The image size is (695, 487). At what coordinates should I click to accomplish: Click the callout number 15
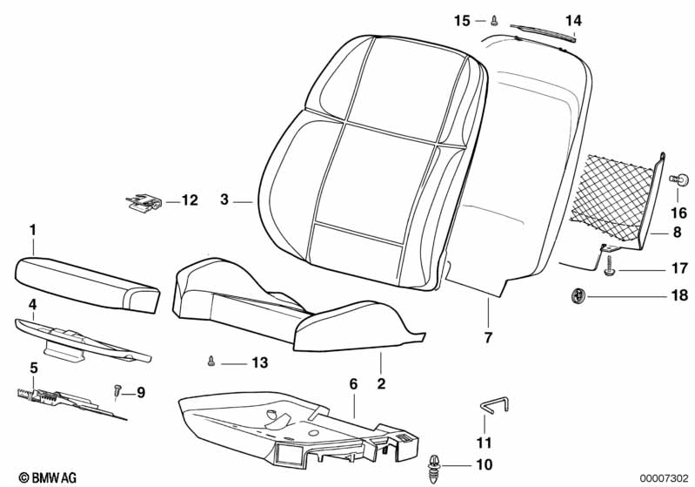[x=462, y=20]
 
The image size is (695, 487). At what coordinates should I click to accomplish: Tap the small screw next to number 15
[x=494, y=20]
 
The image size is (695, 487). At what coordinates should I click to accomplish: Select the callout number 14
[x=573, y=20]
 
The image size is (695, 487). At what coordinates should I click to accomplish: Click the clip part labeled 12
[x=143, y=201]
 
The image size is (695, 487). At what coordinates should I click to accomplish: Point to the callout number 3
[x=224, y=200]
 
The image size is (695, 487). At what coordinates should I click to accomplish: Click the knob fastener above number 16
[x=679, y=179]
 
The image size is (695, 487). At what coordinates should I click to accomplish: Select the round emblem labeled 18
[x=578, y=294]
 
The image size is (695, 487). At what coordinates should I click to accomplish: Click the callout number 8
[x=677, y=232]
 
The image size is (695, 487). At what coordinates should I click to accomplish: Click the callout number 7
[x=488, y=337]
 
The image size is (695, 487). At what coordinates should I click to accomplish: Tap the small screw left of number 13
[x=211, y=361]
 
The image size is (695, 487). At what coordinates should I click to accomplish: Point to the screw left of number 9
[x=117, y=390]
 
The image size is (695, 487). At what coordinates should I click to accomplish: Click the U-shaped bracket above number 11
[x=495, y=404]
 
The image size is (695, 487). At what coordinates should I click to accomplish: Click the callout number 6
[x=353, y=384]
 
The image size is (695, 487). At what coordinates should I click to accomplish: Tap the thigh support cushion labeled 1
[x=87, y=284]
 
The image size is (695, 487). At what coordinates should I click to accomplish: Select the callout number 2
[x=381, y=383]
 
